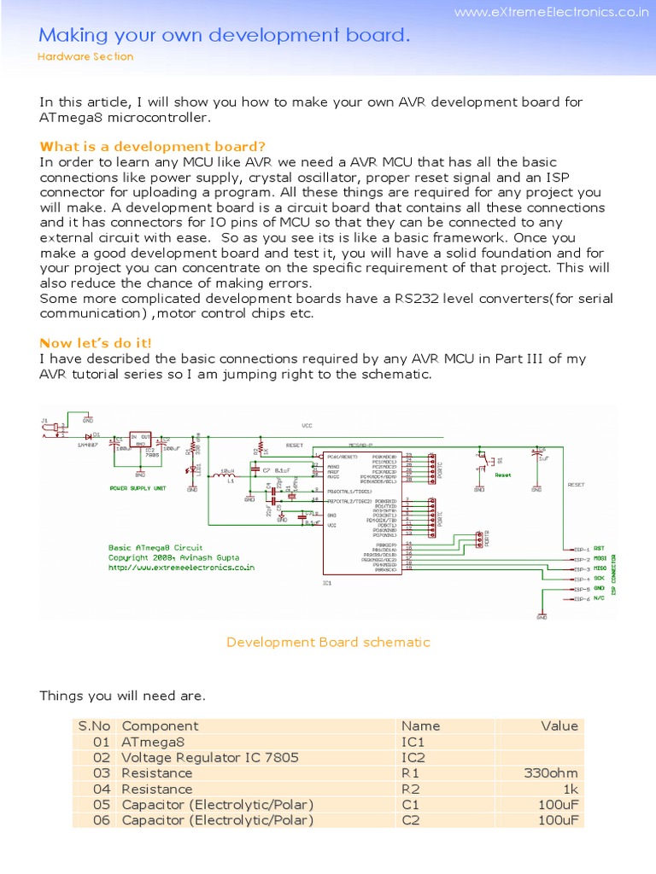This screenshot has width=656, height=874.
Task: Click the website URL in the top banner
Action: click(x=550, y=13)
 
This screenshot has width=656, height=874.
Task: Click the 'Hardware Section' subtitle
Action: click(x=86, y=56)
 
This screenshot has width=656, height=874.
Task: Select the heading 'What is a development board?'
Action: click(x=153, y=146)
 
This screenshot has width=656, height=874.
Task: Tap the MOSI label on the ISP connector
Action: click(x=600, y=558)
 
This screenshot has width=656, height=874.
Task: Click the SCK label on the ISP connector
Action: click(x=599, y=579)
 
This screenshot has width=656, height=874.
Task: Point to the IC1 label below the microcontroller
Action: click(x=327, y=584)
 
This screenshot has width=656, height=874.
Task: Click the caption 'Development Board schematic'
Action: click(x=328, y=642)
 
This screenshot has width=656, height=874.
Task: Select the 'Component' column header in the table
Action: click(x=160, y=726)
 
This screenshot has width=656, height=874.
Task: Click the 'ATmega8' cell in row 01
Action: click(x=154, y=743)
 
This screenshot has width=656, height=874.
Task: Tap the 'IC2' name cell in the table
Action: click(x=413, y=758)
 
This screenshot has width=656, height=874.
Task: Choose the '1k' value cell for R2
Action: click(x=568, y=790)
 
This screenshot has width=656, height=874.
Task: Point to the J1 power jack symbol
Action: click(x=51, y=429)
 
